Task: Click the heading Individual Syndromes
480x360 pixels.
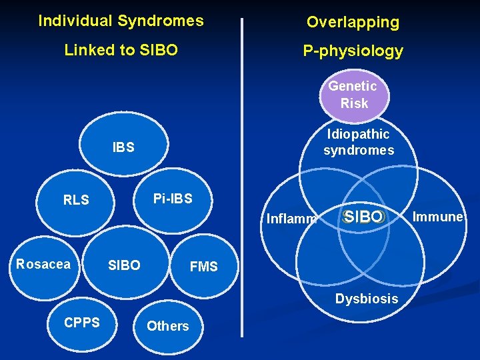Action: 121,21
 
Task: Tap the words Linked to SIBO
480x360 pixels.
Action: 121,50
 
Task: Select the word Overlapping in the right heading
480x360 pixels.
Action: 353,22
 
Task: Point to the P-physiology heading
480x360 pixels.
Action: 353,51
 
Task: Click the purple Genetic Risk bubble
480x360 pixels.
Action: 353,95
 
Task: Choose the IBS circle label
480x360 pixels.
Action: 123,147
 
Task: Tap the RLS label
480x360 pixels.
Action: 76,200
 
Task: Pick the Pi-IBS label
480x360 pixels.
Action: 173,199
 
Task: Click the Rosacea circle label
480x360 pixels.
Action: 43,264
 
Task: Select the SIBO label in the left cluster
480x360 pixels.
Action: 124,265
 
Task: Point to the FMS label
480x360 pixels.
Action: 204,267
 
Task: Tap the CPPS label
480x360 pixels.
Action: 82,323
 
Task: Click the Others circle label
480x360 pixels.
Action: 167,326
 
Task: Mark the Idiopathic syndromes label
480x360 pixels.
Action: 359,142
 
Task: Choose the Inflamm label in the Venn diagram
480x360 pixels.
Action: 291,218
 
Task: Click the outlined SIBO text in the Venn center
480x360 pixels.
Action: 363,217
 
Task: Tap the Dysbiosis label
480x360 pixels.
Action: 366,299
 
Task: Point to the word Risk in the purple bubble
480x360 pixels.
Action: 354,103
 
